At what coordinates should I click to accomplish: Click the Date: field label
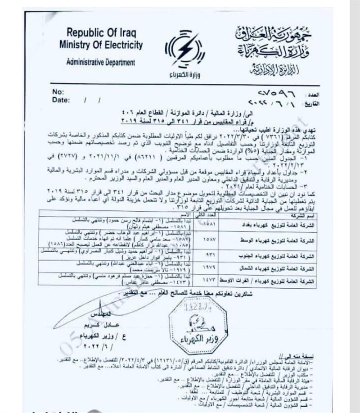point(61,100)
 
